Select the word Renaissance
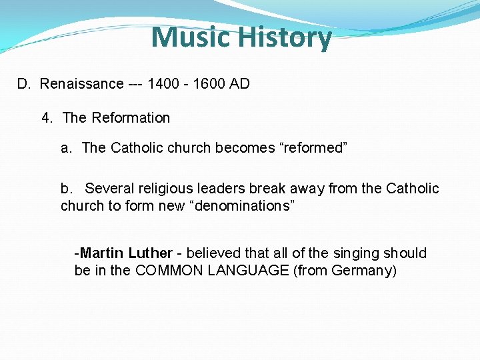[81, 84]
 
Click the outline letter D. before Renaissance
[24, 84]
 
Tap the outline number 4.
[47, 118]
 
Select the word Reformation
[131, 118]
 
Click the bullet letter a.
[66, 147]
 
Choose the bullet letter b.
[66, 189]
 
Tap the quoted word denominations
[242, 205]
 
